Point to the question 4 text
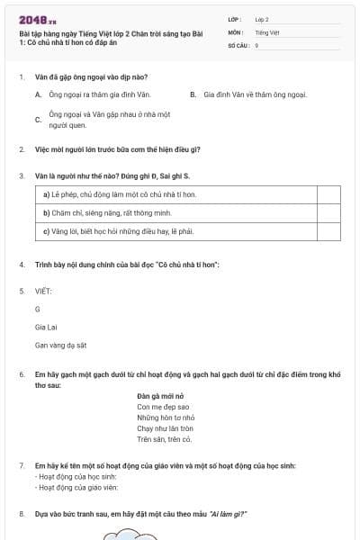[x=127, y=265]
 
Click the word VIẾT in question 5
[x=43, y=291]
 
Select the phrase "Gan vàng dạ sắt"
[x=60, y=345]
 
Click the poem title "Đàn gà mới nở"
[x=160, y=396]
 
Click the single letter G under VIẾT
[x=38, y=309]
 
